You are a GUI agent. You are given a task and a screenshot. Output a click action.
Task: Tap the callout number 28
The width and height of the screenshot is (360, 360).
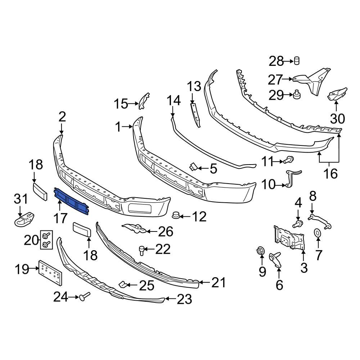276,62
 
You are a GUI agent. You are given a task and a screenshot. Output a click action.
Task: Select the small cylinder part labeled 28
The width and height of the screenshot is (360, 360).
297,61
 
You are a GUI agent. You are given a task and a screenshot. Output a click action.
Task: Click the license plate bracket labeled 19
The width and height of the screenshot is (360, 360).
51,271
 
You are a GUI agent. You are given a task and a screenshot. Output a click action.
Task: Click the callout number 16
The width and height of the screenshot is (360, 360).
330,174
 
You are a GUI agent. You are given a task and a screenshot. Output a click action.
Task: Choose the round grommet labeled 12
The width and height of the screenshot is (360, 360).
176,216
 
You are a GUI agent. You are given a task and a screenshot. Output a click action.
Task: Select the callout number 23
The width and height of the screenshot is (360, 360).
184,299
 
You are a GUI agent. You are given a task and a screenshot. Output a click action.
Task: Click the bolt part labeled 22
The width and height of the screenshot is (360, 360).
142,249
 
